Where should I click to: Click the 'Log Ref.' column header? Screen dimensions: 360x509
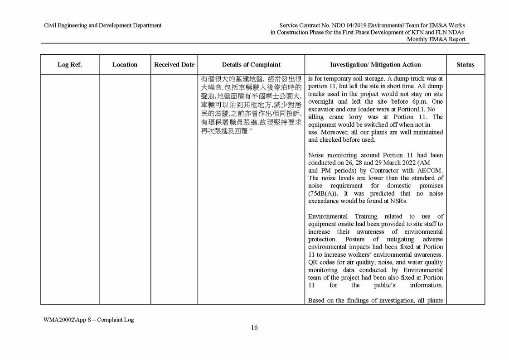pyautogui.click(x=69, y=65)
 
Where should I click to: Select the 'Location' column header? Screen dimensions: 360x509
pyautogui.click(x=125, y=65)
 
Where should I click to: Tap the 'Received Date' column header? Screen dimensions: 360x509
pyautogui.click(x=174, y=65)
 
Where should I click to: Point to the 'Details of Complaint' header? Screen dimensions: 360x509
pyautogui.click(x=251, y=65)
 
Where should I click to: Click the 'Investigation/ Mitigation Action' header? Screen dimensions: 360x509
pyautogui.click(x=375, y=65)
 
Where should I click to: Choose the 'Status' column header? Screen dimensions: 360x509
pyautogui.click(x=465, y=65)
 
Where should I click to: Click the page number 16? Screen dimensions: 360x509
pyautogui.click(x=254, y=328)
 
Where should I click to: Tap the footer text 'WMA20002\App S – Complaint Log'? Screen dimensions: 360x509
pyautogui.click(x=88, y=319)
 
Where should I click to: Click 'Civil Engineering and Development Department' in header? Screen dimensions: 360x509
pyautogui.click(x=102, y=25)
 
